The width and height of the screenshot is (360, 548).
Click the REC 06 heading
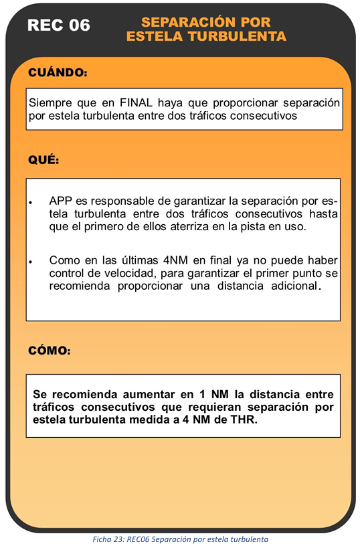(59, 26)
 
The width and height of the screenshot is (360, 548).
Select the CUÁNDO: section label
(58, 72)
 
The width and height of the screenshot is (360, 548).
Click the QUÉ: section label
(43, 161)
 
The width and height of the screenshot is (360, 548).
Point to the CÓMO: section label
(50, 350)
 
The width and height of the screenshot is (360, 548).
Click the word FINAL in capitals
(138, 104)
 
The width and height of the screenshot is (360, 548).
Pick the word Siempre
(49, 104)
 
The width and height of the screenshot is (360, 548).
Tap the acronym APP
(61, 201)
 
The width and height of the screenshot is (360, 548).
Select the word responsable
(116, 201)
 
